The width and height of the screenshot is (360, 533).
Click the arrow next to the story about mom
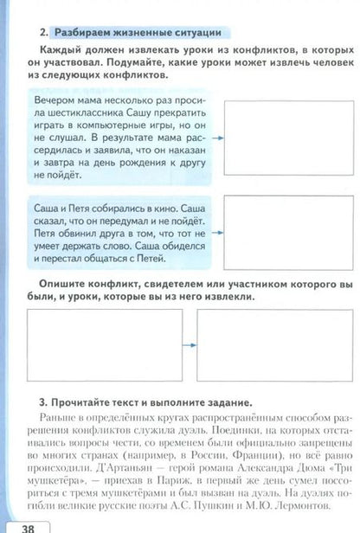pyautogui.click(x=217, y=138)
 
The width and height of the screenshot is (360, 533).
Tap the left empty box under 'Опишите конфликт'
pyautogui.click(x=106, y=345)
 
